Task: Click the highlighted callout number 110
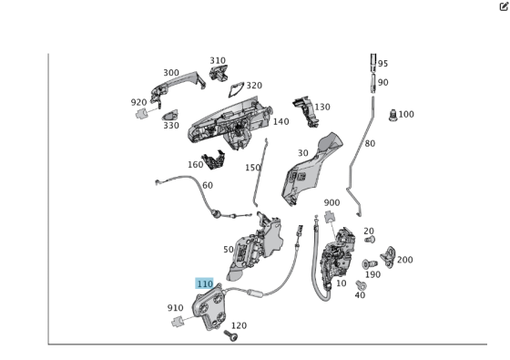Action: pyautogui.click(x=204, y=284)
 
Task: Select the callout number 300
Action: pyautogui.click(x=171, y=73)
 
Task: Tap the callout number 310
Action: pyautogui.click(x=218, y=61)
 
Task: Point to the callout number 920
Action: pyautogui.click(x=138, y=103)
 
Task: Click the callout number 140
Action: pyautogui.click(x=280, y=121)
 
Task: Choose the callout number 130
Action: pyautogui.click(x=321, y=107)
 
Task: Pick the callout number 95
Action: pyautogui.click(x=382, y=64)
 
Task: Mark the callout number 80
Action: pyautogui.click(x=370, y=144)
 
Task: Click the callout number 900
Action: pyautogui.click(x=331, y=203)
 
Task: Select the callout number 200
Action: pyautogui.click(x=404, y=260)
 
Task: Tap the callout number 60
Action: pyautogui.click(x=208, y=186)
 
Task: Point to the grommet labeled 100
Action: pyautogui.click(x=393, y=116)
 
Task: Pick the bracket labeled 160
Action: pyautogui.click(x=215, y=161)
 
